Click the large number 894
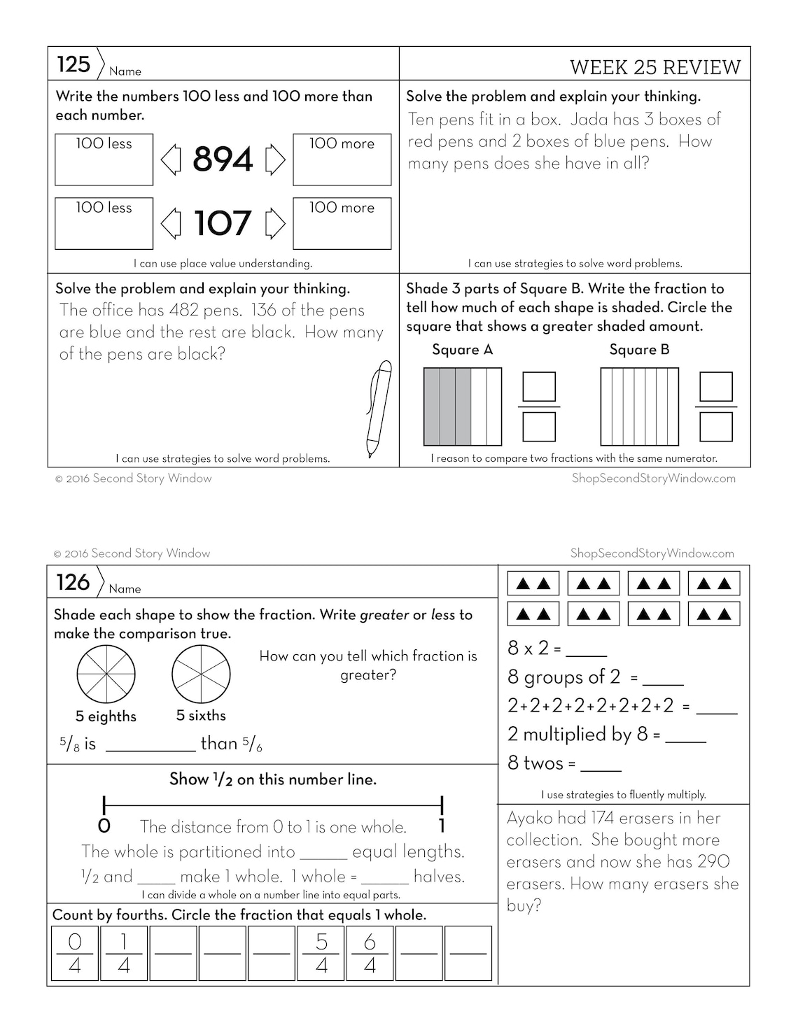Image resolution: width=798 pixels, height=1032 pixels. pos(223,160)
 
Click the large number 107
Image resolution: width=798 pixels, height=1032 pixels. pos(223,224)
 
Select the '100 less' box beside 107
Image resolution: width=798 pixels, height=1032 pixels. pos(104,224)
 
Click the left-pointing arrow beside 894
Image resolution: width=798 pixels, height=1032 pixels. pos(171,160)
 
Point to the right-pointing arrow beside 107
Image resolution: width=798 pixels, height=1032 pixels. pos(275,224)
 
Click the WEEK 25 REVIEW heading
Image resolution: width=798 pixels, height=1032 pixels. pos(654,67)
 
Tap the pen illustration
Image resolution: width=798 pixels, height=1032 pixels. pos(379,409)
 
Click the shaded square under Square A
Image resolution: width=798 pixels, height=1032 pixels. pos(463,407)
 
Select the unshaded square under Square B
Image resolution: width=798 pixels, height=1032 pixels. pos(639,407)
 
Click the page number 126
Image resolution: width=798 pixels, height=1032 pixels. pos(73,582)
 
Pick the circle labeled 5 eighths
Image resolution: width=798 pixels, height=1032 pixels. pos(106,674)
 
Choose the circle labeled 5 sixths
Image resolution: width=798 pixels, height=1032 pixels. pos(201,674)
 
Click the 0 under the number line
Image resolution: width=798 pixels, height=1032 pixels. pos(104,826)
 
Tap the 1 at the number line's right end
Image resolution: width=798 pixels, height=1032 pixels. pos(442,826)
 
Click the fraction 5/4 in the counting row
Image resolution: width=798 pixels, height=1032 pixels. pos(321,954)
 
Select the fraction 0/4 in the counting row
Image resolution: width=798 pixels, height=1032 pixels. pos(75,954)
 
